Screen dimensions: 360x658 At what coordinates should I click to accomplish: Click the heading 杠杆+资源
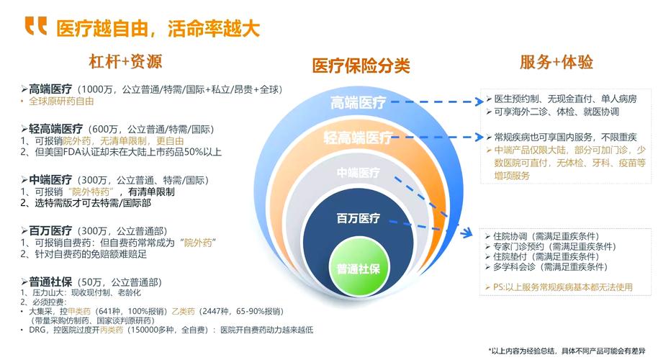[125, 61]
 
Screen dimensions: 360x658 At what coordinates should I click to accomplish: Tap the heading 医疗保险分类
[361, 66]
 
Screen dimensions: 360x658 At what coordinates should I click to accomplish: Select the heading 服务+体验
[556, 62]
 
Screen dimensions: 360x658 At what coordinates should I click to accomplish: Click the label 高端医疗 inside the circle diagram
[359, 102]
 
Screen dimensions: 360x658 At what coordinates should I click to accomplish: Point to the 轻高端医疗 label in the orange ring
[358, 138]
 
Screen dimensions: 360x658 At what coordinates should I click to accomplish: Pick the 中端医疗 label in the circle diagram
[359, 173]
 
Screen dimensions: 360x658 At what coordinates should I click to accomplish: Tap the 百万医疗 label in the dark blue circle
[359, 217]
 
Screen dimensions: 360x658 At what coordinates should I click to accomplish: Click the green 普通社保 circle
[359, 269]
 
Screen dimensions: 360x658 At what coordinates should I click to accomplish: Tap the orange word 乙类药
[182, 310]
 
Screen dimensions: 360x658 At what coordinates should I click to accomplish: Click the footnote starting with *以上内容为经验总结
[568, 350]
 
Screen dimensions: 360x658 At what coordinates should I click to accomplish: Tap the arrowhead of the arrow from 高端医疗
[478, 102]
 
